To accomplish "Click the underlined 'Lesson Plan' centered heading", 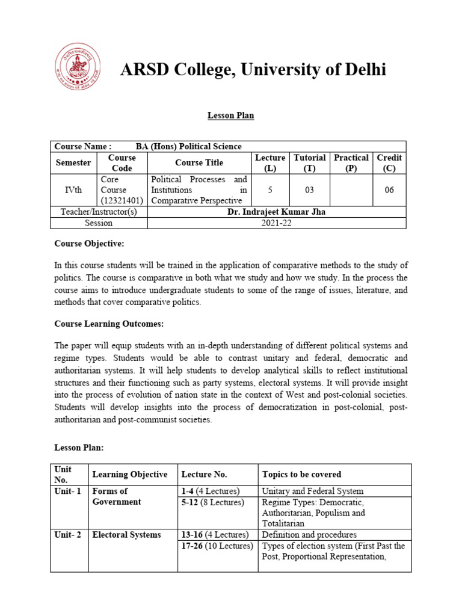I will (230, 115).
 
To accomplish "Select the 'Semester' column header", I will (73, 162).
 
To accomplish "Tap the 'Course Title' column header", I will (199, 162).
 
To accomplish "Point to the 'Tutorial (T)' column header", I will (309, 162).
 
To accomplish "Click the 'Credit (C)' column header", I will (389, 162).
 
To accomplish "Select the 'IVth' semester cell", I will (73, 190).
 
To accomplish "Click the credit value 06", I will (389, 190).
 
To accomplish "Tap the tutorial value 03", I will (309, 190).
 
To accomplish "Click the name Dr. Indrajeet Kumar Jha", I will (277, 212).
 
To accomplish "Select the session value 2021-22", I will (277, 223).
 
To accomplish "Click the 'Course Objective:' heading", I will (89, 244).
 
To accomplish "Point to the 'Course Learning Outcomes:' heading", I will (109, 324).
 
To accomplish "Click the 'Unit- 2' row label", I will (67, 535).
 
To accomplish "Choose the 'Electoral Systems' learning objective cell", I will (126, 535).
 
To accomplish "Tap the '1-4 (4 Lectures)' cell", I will (211, 491).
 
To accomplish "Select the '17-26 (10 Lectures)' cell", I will (217, 546).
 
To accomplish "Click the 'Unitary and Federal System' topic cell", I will (313, 491).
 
